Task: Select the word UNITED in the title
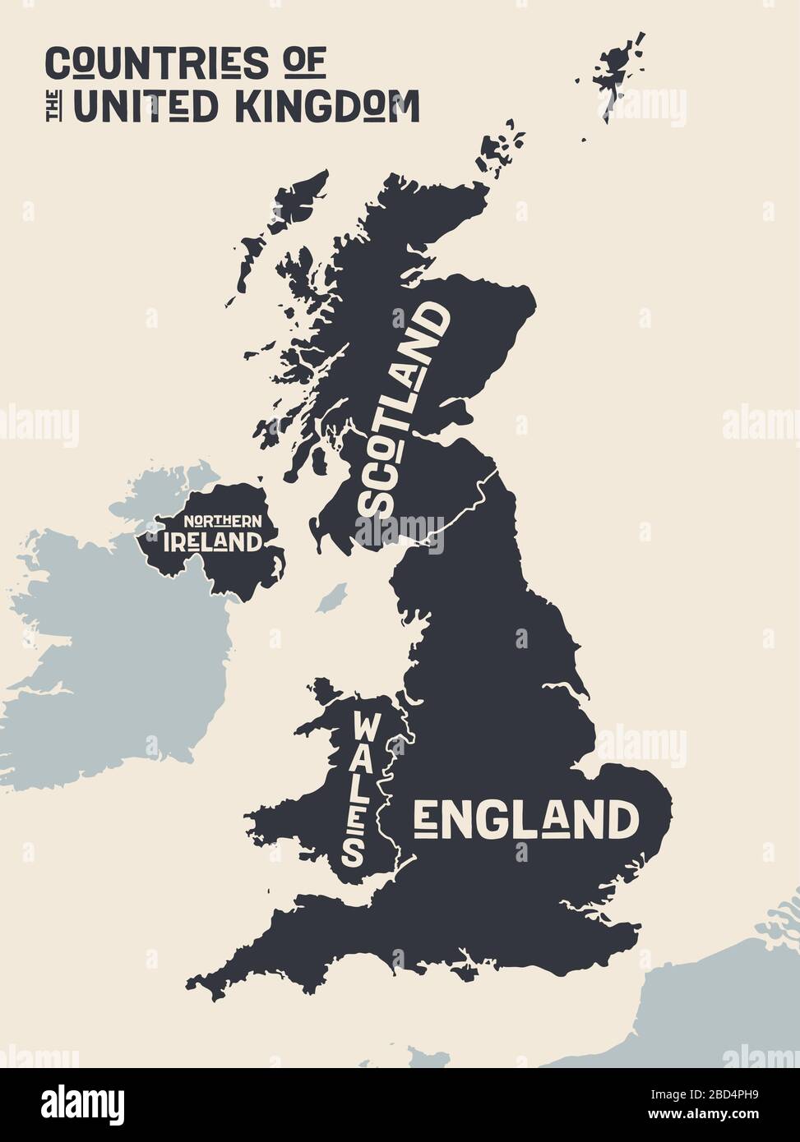coord(146,107)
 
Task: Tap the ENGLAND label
coord(526,819)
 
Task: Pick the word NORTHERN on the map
coord(222,521)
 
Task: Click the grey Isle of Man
coord(331,598)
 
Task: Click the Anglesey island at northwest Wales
coord(326,690)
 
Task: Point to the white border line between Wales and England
coord(393,781)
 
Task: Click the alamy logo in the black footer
coord(82,1104)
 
